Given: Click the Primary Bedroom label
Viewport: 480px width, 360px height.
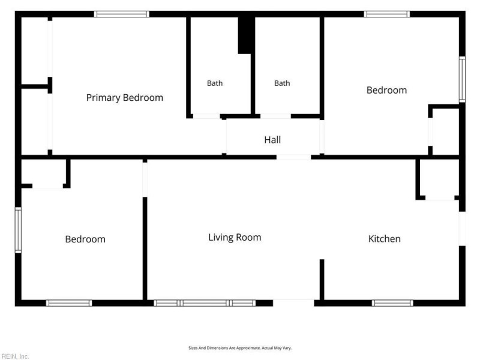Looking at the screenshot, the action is coord(125,98).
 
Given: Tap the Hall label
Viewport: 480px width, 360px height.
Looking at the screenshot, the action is coord(272,140).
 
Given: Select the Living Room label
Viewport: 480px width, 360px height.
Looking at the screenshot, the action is coord(235,238).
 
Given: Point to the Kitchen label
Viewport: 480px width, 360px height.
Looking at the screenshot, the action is coord(385,239).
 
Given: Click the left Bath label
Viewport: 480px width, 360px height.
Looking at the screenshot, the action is coord(215,83).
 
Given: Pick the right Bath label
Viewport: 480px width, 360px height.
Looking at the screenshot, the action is coord(282,83).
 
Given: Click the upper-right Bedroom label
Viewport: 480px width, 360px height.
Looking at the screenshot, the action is coord(386,91).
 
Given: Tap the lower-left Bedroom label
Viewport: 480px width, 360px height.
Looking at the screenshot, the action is coord(85,239).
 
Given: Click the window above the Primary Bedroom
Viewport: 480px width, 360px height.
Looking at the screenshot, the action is coord(122,14).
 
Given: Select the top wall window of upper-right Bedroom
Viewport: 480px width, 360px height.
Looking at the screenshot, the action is coord(387,14).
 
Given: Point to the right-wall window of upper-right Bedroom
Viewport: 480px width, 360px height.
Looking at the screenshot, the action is coord(462,80).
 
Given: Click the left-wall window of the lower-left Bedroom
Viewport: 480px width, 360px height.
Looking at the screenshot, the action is coord(19,230).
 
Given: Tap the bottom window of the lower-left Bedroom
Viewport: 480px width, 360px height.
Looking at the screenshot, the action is coord(69,303).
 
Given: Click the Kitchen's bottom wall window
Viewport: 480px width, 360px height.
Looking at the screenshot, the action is coord(392,303).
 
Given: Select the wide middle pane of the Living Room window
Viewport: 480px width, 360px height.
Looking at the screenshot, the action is coord(205,303).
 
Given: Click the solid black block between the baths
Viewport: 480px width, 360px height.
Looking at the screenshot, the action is coord(246,35).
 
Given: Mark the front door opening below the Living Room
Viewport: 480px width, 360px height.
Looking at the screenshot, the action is coord(293,303).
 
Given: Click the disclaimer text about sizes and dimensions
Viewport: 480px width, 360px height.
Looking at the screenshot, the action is coord(240,348).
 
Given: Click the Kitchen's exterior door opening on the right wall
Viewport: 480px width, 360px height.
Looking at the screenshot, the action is coord(462,229).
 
